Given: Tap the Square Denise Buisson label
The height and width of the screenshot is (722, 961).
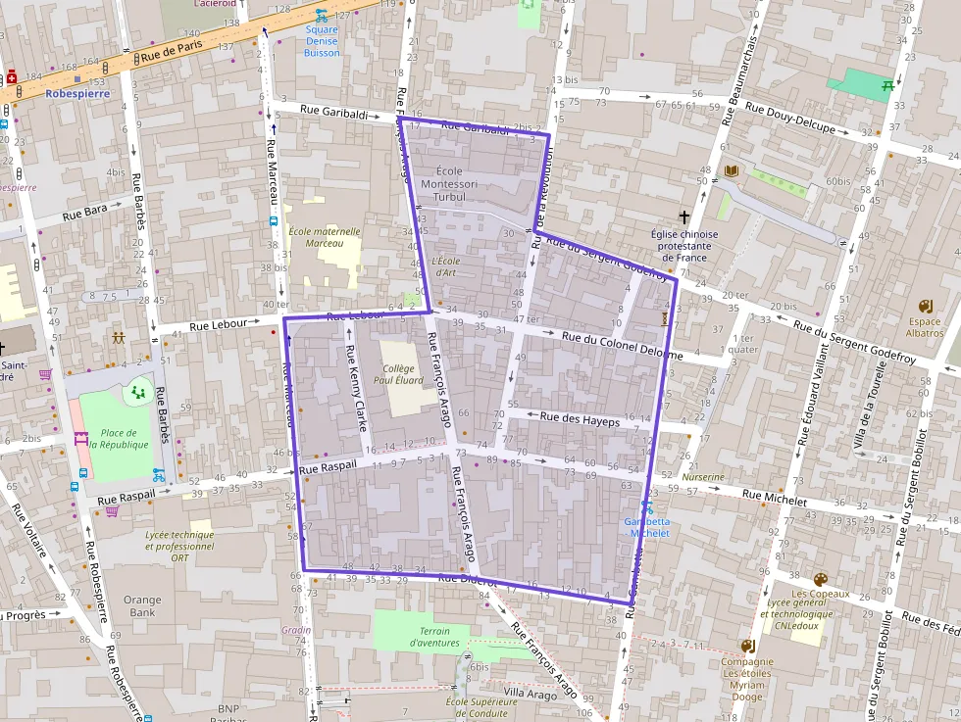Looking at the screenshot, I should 322,41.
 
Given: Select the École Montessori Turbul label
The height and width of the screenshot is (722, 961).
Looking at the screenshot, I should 448,183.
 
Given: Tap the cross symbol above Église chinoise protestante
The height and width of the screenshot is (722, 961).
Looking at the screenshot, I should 684,217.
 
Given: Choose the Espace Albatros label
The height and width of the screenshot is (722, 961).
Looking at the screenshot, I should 924,327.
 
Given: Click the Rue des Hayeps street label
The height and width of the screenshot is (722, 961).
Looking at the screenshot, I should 581,418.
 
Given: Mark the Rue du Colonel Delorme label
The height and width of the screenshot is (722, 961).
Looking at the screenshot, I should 622,345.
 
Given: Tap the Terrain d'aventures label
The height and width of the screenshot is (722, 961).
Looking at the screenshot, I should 434,637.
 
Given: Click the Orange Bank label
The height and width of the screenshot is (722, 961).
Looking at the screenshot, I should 142,605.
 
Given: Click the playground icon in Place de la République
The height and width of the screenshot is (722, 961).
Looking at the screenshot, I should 136,393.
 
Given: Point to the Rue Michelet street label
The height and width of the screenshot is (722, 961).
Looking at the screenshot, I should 775,498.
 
